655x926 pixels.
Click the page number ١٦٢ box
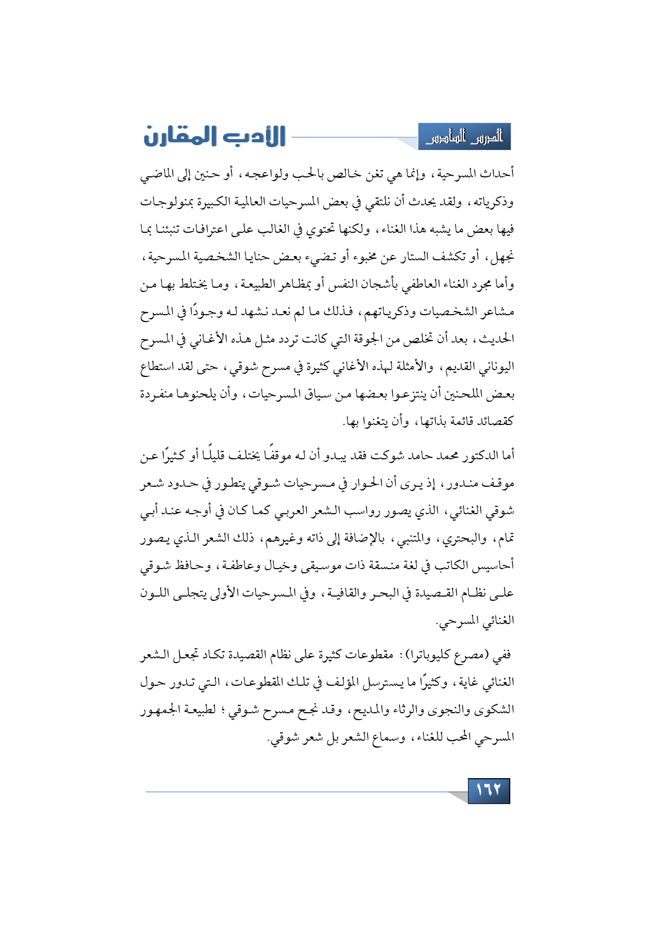(x=489, y=790)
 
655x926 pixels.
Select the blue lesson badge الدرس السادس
(x=464, y=137)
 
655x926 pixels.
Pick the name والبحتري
(x=464, y=538)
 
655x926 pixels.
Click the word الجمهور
(x=164, y=710)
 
